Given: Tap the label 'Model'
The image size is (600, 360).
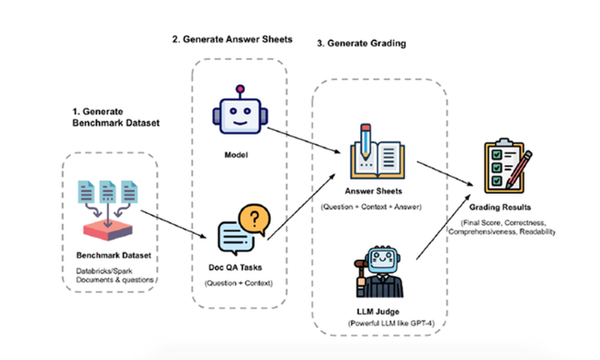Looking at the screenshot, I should (239, 154).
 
